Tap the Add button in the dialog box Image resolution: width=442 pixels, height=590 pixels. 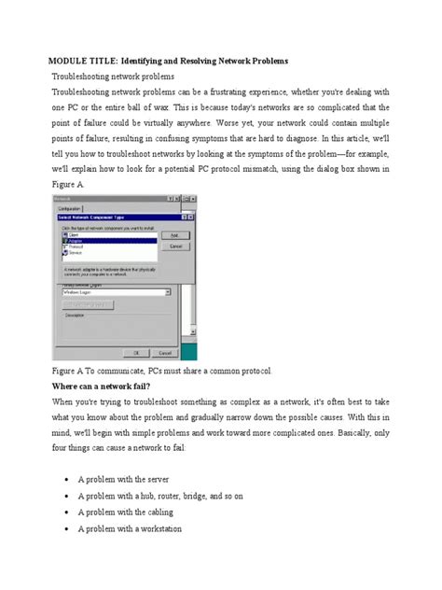coord(172,234)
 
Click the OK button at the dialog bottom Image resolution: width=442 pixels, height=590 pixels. coord(135,352)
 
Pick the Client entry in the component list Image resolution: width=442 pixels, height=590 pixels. coord(74,234)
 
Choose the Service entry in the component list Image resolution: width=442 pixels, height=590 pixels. coord(75,252)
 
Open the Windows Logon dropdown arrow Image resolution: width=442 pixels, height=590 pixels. coord(169,291)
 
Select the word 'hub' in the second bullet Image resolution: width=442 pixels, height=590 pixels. coord(149,496)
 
